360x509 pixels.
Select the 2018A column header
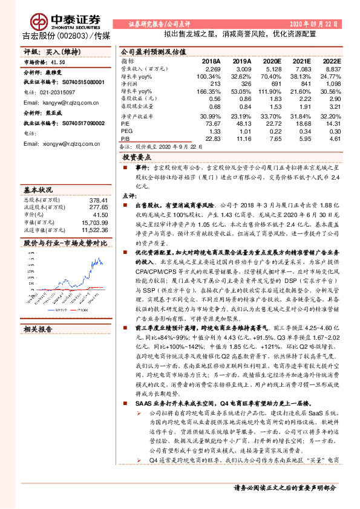tap(211, 62)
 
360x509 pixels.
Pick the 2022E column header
tap(332, 62)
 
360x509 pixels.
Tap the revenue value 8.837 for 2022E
tap(333, 70)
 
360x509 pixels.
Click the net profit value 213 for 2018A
tap(215, 83)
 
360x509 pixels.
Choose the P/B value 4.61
tap(335, 139)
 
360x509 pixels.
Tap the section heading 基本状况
tap(38, 189)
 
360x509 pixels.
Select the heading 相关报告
tap(38, 329)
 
